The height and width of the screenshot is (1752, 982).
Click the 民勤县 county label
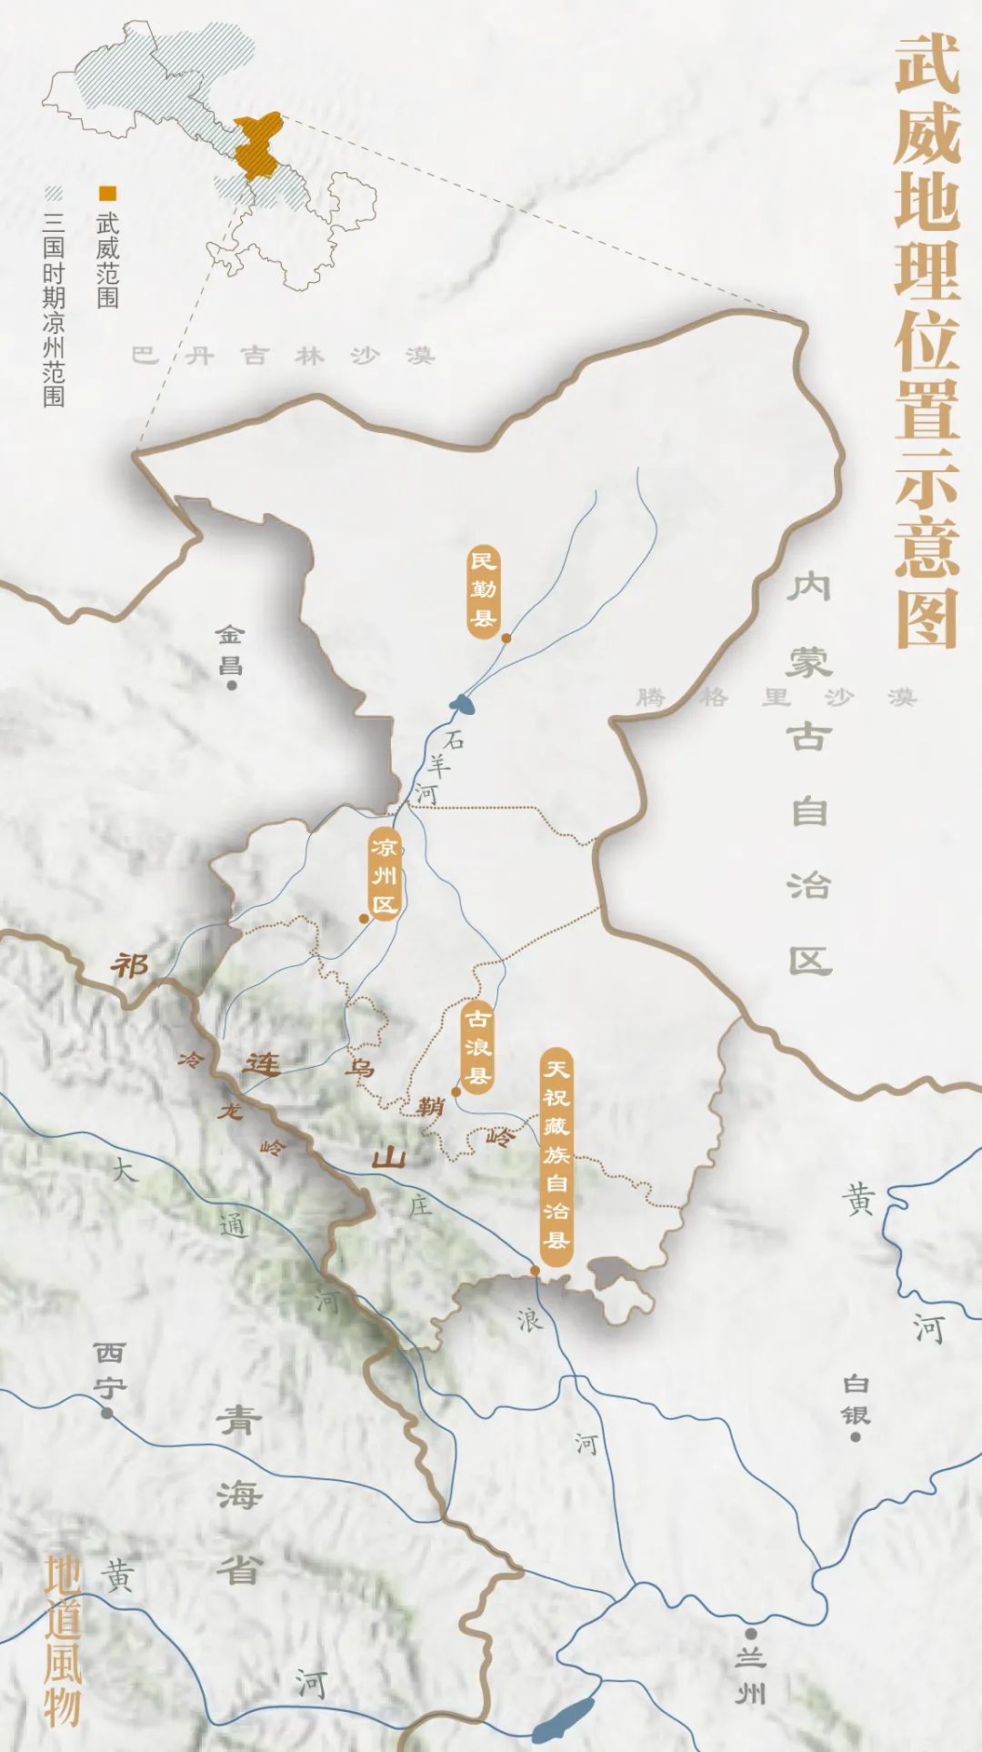[x=484, y=589]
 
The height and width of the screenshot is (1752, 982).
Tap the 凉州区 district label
[x=385, y=875]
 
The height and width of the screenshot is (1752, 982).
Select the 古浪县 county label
[x=477, y=1047]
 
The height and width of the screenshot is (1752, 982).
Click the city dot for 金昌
[x=232, y=685]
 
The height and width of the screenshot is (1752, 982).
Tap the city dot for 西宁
[x=107, y=1413]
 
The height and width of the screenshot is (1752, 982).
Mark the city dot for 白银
[x=855, y=1437]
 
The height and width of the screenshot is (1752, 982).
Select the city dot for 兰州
[x=751, y=1634]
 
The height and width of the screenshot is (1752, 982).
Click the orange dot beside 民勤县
[x=506, y=639]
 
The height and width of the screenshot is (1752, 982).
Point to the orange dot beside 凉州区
[x=364, y=919]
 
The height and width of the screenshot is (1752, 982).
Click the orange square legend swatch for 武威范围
[x=108, y=193]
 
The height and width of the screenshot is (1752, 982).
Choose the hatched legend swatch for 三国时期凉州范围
[x=54, y=193]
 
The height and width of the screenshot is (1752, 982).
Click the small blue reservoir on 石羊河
[x=462, y=702]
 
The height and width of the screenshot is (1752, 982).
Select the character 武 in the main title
[x=927, y=65]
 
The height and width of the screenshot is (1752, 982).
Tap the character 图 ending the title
[x=927, y=619]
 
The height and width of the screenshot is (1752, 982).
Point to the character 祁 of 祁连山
[x=130, y=964]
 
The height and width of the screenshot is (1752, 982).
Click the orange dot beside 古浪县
[x=456, y=1092]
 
